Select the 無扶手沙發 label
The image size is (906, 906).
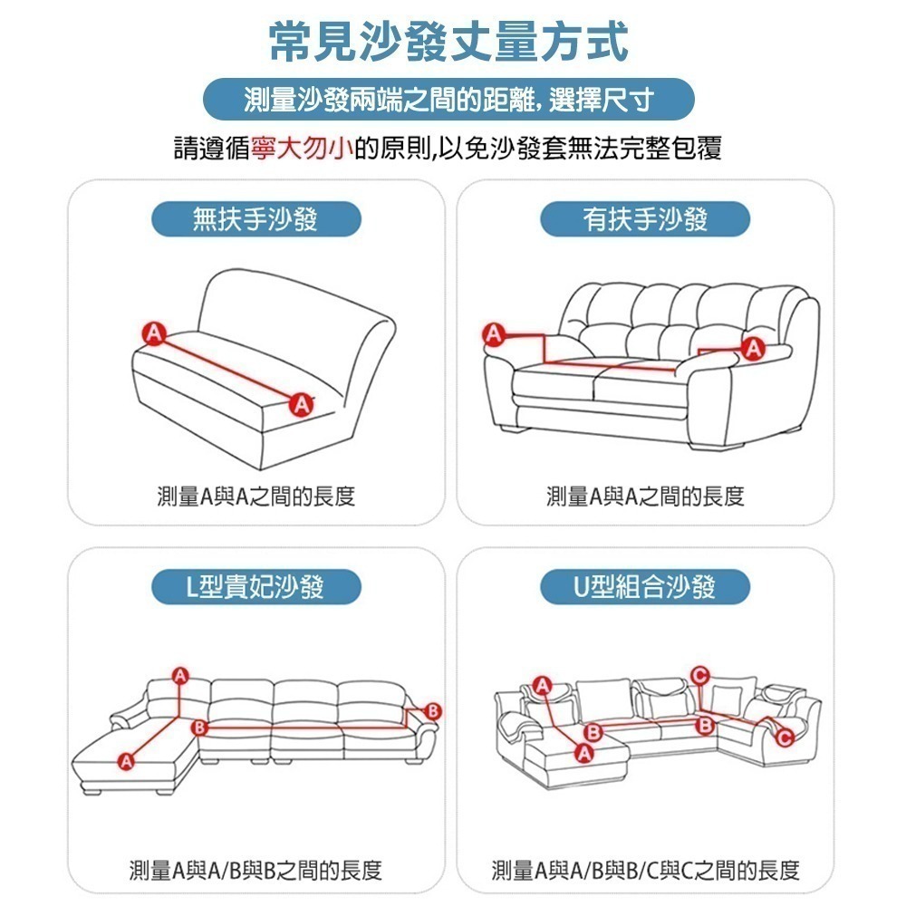coord(255,219)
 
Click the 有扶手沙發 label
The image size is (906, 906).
coord(645,219)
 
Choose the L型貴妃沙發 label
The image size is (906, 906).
coord(255,587)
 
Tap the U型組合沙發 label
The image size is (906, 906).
coord(645,587)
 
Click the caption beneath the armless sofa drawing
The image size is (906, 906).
coord(255,496)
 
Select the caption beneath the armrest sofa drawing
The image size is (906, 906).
coord(645,496)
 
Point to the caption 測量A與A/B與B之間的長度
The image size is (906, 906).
coord(255,871)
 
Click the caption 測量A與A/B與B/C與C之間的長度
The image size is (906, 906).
coord(645,871)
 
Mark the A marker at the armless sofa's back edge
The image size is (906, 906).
coord(153,333)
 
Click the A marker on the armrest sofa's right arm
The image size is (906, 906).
coord(752,347)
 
